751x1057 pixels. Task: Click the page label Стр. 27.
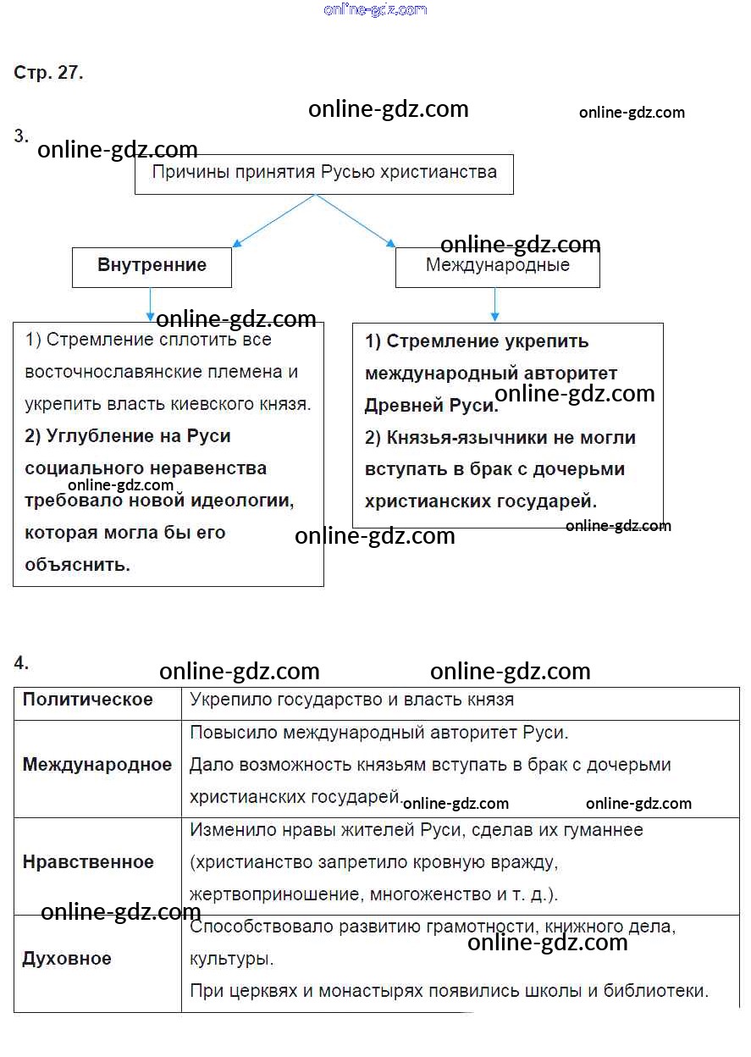[x=48, y=73]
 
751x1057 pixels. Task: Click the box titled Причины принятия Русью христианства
[x=323, y=174]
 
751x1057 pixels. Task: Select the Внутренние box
[x=152, y=266]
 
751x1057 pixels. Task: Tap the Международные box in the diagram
[x=497, y=266]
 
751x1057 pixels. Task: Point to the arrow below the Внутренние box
[x=150, y=304]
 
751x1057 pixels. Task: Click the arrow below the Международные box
[x=495, y=305]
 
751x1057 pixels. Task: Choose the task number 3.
[x=21, y=136]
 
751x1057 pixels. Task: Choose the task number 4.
[x=21, y=663]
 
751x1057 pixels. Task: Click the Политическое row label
[x=87, y=700]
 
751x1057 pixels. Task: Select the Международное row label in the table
[x=97, y=765]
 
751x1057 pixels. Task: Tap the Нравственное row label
[x=88, y=862]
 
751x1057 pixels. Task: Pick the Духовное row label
[x=66, y=959]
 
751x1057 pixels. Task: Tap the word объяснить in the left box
[x=77, y=565]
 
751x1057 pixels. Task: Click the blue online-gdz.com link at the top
[x=375, y=10]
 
